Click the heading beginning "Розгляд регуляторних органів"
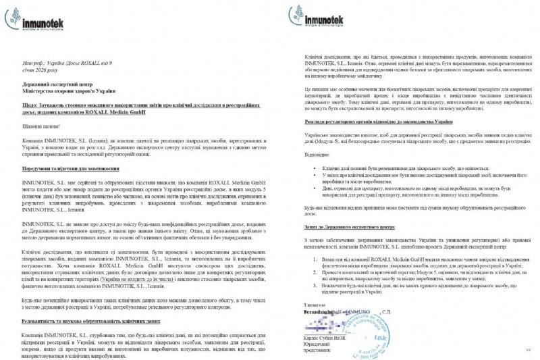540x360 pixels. coord(373,122)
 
